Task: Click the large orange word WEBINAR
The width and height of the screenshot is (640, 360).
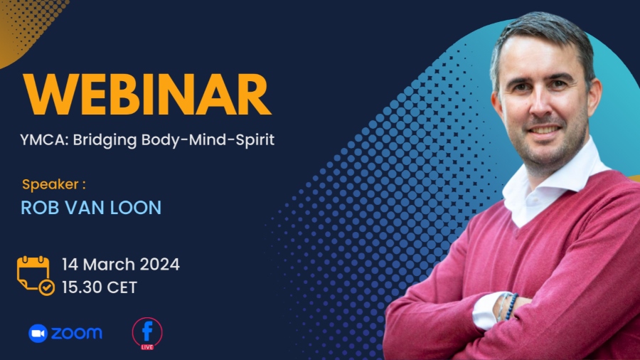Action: pos(147,95)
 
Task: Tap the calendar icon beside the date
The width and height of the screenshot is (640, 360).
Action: pos(36,275)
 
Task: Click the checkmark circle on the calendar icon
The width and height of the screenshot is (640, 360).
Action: pos(46,287)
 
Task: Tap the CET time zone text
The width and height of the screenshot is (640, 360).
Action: pos(122,287)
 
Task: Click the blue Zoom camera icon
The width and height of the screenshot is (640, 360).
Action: pos(38,334)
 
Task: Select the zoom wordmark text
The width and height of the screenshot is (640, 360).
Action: pos(76,334)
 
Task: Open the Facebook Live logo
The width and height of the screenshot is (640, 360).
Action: pos(147,334)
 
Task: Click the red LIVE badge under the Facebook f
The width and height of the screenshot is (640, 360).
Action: pos(147,347)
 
